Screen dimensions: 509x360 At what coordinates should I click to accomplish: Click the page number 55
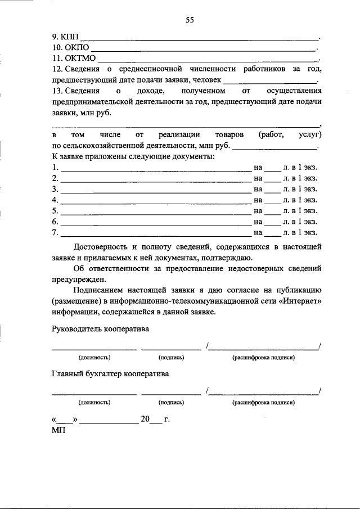(190, 21)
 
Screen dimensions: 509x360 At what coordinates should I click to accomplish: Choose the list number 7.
(55, 232)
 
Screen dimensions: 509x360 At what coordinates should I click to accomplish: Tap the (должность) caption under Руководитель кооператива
(94, 358)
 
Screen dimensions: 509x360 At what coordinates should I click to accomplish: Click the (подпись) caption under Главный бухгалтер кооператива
(172, 402)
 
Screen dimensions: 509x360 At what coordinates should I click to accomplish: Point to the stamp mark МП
(58, 430)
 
